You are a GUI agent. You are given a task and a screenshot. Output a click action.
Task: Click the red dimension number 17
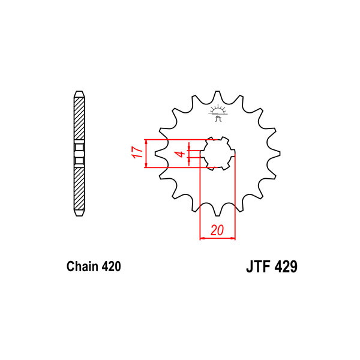(137, 152)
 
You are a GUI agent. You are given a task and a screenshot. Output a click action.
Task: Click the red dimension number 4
(181, 154)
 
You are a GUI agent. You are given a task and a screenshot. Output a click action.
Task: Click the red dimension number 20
(217, 230)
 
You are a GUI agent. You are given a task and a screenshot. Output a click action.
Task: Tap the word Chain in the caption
(82, 266)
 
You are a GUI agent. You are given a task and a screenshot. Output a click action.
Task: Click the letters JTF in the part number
(257, 266)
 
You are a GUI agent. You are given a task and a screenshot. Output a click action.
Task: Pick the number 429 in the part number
(286, 266)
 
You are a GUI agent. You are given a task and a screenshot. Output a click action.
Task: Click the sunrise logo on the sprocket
(218, 113)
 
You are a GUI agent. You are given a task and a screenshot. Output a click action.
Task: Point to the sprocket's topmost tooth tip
(217, 91)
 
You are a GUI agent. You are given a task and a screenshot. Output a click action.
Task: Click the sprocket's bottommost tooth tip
(217, 216)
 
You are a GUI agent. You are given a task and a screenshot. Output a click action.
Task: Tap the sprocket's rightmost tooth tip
(280, 154)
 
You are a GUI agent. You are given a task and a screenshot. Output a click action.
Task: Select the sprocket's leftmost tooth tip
(155, 154)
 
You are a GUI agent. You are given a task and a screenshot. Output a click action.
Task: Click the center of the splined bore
(217, 154)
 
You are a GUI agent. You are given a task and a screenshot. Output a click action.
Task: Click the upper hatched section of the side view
(79, 118)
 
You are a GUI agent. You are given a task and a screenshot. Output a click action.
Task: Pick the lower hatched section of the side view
(79, 189)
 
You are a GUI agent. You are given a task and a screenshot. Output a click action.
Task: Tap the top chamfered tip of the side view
(79, 94)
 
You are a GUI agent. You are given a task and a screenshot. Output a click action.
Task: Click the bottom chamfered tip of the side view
(79, 213)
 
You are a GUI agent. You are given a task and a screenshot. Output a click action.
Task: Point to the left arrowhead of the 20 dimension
(202, 238)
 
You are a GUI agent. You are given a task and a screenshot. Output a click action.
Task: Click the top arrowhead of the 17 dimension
(146, 142)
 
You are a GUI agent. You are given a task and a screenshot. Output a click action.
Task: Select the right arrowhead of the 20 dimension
(233, 238)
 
